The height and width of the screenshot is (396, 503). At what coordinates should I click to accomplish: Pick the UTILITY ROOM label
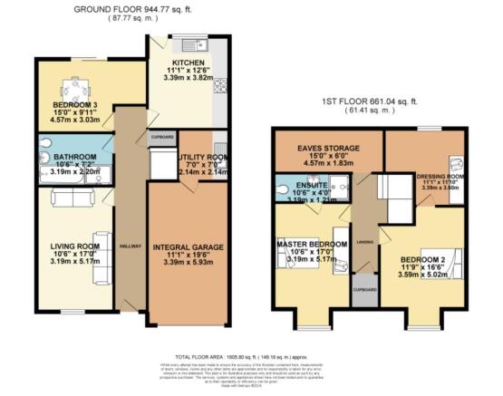point(193,157)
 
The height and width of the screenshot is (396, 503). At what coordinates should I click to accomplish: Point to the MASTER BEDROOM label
point(311,245)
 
